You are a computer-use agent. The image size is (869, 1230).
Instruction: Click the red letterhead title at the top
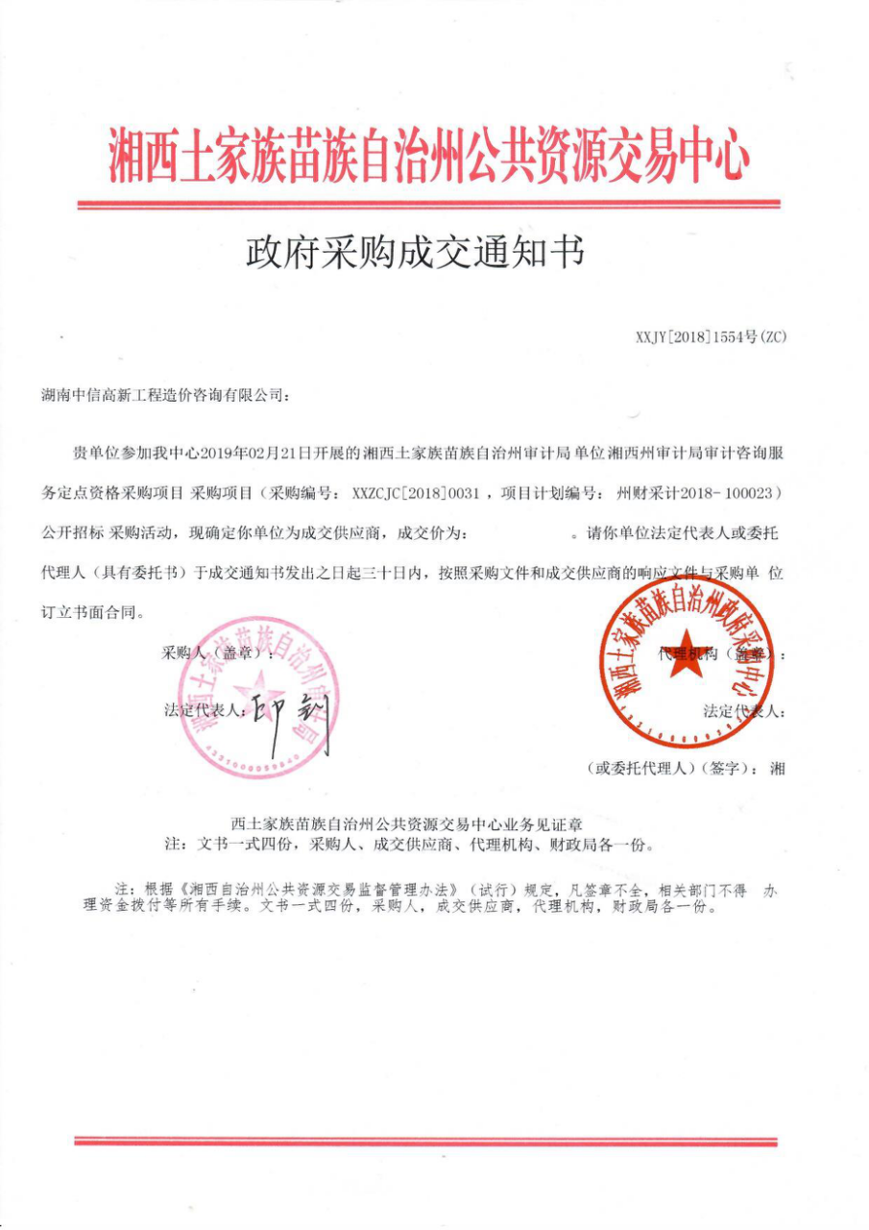(428, 155)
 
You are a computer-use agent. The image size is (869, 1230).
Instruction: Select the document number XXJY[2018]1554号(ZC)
(711, 336)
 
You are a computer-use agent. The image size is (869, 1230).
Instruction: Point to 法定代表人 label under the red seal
(745, 711)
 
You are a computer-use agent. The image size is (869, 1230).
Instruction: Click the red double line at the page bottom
(425, 1141)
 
